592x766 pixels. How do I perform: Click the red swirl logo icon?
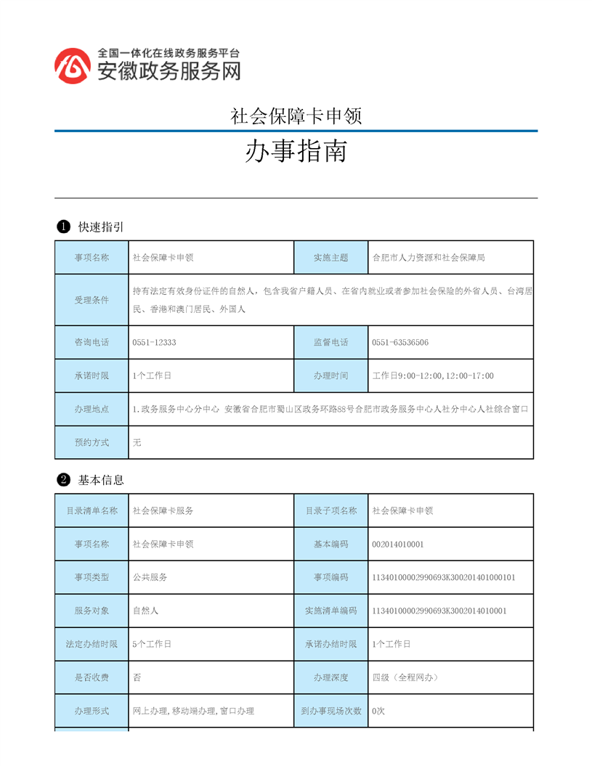tap(73, 65)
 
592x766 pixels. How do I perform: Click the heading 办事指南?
tap(296, 151)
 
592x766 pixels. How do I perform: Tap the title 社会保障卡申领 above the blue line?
tap(296, 115)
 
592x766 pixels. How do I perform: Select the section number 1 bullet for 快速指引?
tap(63, 227)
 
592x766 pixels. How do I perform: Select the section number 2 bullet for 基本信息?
tap(63, 480)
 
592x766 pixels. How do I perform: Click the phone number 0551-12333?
tap(155, 343)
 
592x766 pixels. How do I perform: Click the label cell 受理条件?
tap(92, 300)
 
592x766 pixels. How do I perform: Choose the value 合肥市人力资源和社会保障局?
tap(429, 258)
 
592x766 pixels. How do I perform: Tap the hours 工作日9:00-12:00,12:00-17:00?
tap(433, 376)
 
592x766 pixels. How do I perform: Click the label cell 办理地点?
tap(92, 410)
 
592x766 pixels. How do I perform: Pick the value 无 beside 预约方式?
tap(137, 443)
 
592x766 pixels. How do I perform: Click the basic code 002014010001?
tap(398, 545)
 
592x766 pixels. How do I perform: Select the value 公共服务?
tap(150, 577)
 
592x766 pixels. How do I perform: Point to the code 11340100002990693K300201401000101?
tap(444, 577)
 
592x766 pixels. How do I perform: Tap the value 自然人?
tap(146, 611)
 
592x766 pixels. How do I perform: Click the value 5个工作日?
tap(153, 644)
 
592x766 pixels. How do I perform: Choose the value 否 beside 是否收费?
tap(137, 677)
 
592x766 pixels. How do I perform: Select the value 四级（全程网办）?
tap(405, 677)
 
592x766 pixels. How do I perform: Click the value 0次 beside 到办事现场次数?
tap(378, 711)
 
